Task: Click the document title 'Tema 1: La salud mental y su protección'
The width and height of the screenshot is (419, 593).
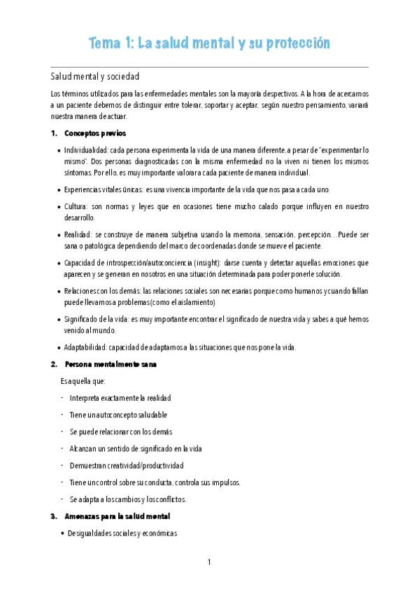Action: coord(209,44)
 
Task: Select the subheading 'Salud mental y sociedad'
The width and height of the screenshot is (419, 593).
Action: coord(95,76)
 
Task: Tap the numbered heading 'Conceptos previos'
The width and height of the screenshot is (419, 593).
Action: coord(95,133)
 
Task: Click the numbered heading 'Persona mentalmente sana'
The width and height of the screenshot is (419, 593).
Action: coord(111,364)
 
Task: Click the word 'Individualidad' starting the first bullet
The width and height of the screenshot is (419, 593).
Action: coord(85,150)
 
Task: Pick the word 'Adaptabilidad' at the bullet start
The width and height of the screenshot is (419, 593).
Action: coord(85,348)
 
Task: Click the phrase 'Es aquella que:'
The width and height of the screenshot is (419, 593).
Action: coord(83,381)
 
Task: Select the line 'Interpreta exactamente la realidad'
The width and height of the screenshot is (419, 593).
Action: coord(120,398)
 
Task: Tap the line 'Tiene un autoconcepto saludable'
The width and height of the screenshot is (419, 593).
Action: coord(118,415)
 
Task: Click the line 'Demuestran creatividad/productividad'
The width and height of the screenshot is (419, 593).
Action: coord(127,465)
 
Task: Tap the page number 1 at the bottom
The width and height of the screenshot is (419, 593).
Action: coord(209,562)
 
